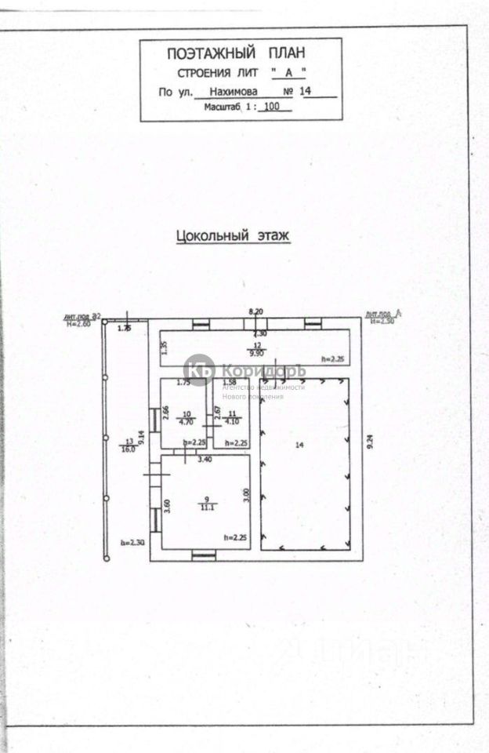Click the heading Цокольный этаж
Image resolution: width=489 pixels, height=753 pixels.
[x=233, y=235]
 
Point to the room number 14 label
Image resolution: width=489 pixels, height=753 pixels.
[x=299, y=445]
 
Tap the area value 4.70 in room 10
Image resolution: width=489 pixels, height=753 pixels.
[x=186, y=420]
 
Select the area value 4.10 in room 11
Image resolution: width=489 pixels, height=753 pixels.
[x=231, y=420]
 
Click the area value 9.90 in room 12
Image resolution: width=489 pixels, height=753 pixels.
[x=259, y=352]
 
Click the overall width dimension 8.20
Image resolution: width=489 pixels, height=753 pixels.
[x=255, y=311]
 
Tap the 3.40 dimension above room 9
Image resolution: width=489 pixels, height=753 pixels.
[x=205, y=459]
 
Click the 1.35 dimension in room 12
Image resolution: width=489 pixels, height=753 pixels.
[x=164, y=348]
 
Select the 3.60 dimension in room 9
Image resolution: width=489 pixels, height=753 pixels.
[x=167, y=507]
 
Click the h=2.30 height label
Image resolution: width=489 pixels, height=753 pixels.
[x=131, y=542]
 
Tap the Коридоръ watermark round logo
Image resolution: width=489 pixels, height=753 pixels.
[x=200, y=370]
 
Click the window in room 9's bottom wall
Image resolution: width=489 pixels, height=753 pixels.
[x=204, y=555]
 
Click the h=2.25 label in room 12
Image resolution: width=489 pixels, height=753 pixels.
[x=333, y=358]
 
